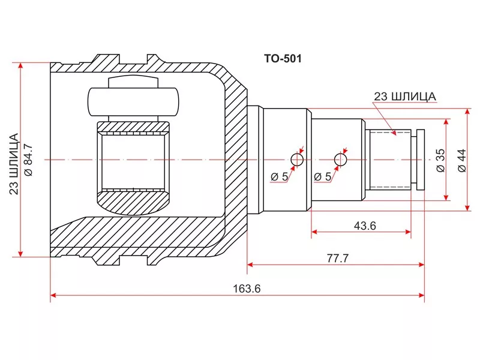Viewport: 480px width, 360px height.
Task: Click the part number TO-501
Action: click(x=283, y=58)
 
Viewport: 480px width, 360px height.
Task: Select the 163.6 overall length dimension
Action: click(x=247, y=289)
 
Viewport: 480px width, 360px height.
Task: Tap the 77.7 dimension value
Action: click(x=337, y=259)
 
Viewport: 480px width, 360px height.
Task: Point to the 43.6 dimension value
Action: click(x=365, y=226)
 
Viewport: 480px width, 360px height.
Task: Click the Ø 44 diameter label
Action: click(x=461, y=160)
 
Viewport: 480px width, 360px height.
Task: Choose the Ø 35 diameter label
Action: click(x=440, y=160)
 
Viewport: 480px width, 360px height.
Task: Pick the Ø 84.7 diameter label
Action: click(x=28, y=160)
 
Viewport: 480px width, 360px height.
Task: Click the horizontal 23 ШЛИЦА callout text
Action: click(x=404, y=97)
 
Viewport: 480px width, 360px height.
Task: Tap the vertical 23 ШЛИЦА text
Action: click(x=14, y=164)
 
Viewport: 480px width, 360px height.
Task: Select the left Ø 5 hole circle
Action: click(x=297, y=160)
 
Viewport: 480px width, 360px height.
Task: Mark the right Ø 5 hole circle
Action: click(x=340, y=160)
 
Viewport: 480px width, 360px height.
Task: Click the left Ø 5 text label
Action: click(x=279, y=176)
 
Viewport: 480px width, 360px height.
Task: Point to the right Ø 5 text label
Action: click(x=323, y=176)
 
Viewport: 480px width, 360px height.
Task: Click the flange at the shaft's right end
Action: click(x=421, y=160)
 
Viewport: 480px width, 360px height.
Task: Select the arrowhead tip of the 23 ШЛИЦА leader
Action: click(x=395, y=135)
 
